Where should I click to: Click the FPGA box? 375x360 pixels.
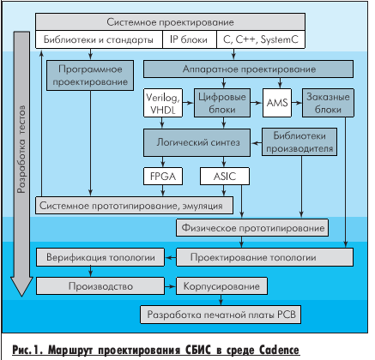[163, 176]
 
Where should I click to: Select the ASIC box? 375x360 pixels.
[225, 176]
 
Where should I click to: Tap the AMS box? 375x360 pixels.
[277, 103]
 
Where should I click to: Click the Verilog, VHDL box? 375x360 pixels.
[163, 103]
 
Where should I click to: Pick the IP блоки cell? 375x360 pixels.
[189, 39]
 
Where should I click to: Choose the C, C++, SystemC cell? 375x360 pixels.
[260, 39]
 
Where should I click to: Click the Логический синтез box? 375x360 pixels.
[197, 142]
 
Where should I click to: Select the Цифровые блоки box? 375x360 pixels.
[222, 103]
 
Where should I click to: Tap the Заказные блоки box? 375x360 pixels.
[328, 103]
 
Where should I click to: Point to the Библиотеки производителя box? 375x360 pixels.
[299, 142]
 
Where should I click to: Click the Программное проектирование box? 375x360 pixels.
[90, 75]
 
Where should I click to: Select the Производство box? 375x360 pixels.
[100, 286]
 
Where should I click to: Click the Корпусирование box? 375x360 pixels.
[221, 286]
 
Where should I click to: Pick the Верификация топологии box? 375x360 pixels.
[100, 257]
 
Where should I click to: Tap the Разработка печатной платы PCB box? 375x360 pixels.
[221, 315]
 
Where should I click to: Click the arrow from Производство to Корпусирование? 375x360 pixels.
[170, 286]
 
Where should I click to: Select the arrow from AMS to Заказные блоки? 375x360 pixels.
[297, 103]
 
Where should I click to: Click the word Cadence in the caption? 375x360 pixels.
[279, 350]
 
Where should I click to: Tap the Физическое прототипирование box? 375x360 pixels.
[252, 228]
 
